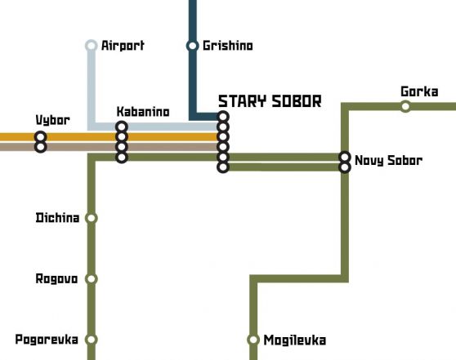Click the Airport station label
point(123,46)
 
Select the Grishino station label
point(228,46)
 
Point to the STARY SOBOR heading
point(270,101)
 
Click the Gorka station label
point(419,91)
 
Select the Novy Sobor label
point(388,160)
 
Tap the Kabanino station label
point(143,112)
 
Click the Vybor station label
point(52,120)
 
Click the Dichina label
point(57,218)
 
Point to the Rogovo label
point(56,278)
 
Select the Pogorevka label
point(47,340)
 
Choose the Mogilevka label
point(294,340)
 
